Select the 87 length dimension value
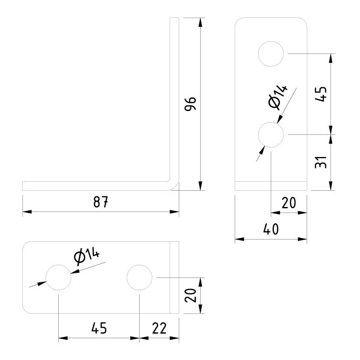(101, 202)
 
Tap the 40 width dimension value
(271, 230)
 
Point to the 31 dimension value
(321, 162)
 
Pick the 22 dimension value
(159, 329)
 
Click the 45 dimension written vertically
(321, 94)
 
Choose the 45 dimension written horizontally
(99, 329)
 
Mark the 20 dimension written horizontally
(289, 203)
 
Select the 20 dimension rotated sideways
(191, 295)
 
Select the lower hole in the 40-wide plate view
(271, 135)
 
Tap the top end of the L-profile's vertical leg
(174, 19)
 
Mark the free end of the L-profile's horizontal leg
(23, 186)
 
